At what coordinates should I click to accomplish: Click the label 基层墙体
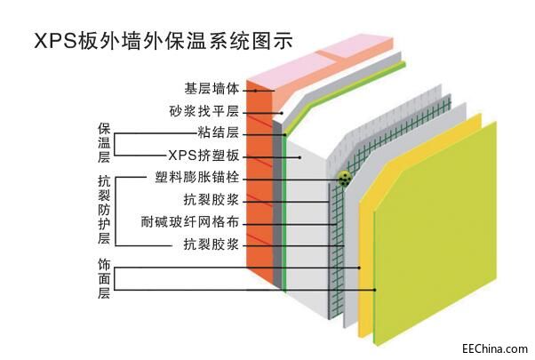212,90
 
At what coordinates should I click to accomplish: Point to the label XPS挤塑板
204,156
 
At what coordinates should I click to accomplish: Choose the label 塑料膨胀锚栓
196,178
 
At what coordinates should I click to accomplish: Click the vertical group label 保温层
103,142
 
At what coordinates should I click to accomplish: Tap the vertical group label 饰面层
103,277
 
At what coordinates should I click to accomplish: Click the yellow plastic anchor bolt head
343,179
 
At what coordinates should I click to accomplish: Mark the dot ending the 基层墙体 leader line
255,90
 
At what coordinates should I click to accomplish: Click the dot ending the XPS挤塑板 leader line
299,156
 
